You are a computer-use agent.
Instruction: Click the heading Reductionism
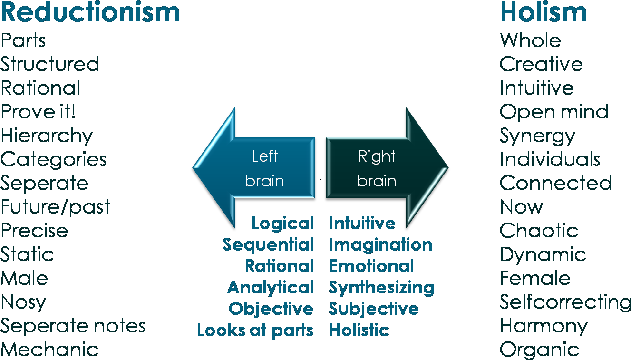tap(90, 12)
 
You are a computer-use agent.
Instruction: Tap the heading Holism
tap(543, 12)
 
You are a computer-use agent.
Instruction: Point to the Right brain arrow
tap(380, 168)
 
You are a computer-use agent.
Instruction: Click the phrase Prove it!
tap(38, 112)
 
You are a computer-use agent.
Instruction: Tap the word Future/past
tap(55, 207)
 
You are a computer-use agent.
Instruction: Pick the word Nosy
tap(23, 302)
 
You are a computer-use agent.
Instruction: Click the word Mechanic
tap(49, 350)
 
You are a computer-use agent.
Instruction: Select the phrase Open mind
tap(554, 112)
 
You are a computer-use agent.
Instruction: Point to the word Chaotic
tap(539, 231)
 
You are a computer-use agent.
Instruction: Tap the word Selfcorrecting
tap(565, 302)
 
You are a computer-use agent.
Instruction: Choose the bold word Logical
tap(282, 224)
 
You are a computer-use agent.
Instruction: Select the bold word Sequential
tap(268, 245)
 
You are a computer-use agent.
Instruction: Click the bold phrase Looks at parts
tap(255, 331)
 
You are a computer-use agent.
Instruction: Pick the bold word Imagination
tap(380, 245)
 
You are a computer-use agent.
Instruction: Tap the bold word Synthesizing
tap(381, 288)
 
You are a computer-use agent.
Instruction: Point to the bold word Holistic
tap(359, 331)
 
